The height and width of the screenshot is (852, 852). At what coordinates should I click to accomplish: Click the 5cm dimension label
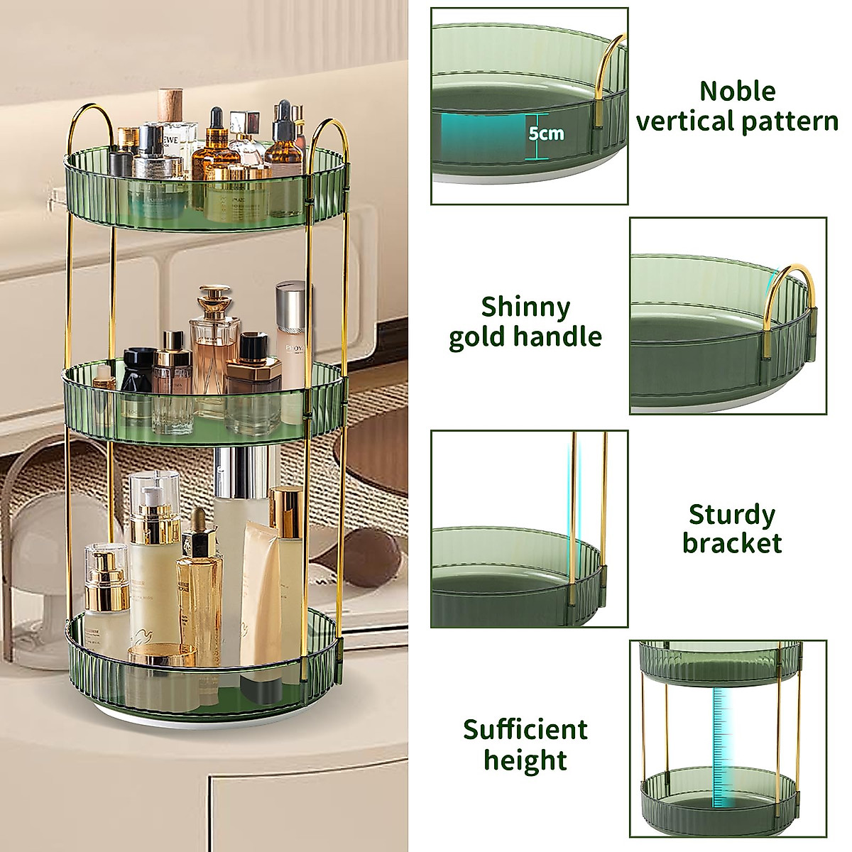coord(546,133)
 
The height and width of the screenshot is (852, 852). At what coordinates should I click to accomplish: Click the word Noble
coord(737,91)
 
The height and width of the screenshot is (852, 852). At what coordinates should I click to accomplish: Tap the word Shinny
coord(525,307)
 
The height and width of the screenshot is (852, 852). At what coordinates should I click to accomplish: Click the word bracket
coord(731,544)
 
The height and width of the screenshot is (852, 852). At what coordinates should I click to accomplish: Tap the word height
coord(525,760)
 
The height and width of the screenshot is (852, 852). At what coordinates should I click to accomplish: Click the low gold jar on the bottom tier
coord(162,656)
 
